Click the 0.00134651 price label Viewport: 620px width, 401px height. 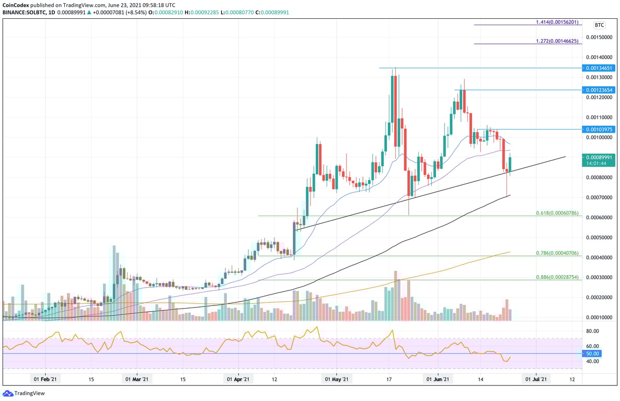pyautogui.click(x=599, y=68)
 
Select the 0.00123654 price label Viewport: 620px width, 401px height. pyautogui.click(x=599, y=90)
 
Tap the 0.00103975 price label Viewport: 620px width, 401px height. pyautogui.click(x=599, y=129)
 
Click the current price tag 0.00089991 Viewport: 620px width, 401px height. pyautogui.click(x=599, y=157)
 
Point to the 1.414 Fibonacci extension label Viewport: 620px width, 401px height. pyautogui.click(x=557, y=22)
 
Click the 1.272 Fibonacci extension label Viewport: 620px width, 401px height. pyautogui.click(x=557, y=41)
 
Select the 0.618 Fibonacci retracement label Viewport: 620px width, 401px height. pyautogui.click(x=557, y=213)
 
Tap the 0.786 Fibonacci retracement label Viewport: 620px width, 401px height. pyautogui.click(x=557, y=253)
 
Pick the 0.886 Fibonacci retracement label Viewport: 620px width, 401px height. pyautogui.click(x=557, y=277)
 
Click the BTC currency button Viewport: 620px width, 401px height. pyautogui.click(x=599, y=25)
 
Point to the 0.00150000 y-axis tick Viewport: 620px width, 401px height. pyautogui.click(x=599, y=37)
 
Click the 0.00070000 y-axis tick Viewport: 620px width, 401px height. pyautogui.click(x=599, y=197)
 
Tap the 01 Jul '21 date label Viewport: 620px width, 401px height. pyautogui.click(x=536, y=380)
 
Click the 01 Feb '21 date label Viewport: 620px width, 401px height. pyautogui.click(x=44, y=380)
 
